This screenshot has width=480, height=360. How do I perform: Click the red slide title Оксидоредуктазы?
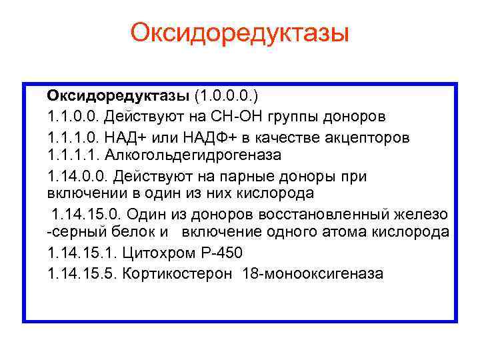point(240,32)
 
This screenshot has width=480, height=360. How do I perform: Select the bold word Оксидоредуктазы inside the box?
point(118,99)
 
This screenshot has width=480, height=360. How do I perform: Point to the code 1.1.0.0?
point(72,118)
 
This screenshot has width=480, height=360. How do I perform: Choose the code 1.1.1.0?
point(72,137)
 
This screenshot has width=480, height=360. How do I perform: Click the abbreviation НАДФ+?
point(214,137)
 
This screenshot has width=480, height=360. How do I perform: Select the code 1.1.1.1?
point(72,156)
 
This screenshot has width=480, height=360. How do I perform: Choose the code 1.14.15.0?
point(85,215)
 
